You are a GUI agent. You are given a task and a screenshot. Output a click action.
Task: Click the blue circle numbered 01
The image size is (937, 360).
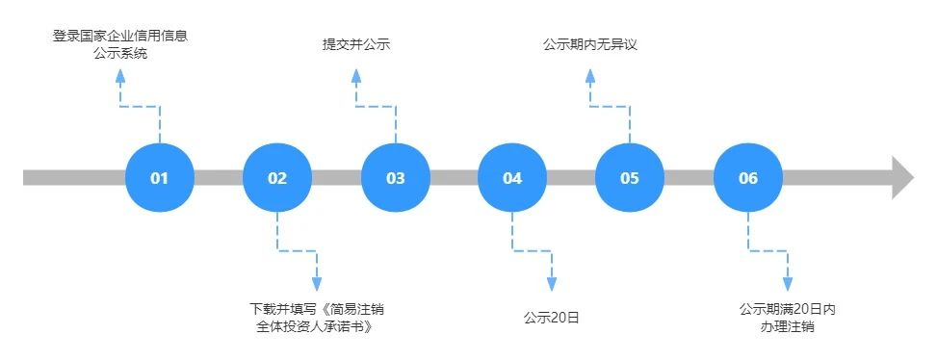pos(160,178)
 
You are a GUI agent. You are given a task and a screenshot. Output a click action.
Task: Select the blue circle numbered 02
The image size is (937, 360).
pos(277,178)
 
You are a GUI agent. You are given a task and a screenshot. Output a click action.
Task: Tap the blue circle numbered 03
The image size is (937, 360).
pos(396,178)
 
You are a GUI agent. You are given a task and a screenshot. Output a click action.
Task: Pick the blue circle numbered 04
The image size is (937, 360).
pos(512,178)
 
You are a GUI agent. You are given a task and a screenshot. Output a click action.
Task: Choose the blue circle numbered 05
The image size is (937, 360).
pos(630,178)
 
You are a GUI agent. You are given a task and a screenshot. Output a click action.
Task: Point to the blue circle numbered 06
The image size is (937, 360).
pos(748,178)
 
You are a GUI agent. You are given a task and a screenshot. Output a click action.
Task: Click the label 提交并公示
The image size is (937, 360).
pos(355,44)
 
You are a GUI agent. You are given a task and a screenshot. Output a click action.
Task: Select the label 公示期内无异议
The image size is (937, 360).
pos(590,44)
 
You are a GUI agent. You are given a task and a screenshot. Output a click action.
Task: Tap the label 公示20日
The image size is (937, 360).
pos(552,317)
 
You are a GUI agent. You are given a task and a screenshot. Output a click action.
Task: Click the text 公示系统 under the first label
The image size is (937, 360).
pos(120,54)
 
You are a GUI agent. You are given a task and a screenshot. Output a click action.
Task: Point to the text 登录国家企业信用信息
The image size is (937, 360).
pos(120,37)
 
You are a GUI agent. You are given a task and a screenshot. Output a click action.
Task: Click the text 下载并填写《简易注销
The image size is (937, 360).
pos(317,309)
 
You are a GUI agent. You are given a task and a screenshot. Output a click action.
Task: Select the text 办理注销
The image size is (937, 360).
pos(787,326)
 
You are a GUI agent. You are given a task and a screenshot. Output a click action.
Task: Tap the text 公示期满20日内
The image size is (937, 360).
pos(787,309)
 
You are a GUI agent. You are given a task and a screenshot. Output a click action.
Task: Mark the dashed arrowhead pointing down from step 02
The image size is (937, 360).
pos(317,284)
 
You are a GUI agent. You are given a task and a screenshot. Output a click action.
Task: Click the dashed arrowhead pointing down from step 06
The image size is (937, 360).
pos(787,284)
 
